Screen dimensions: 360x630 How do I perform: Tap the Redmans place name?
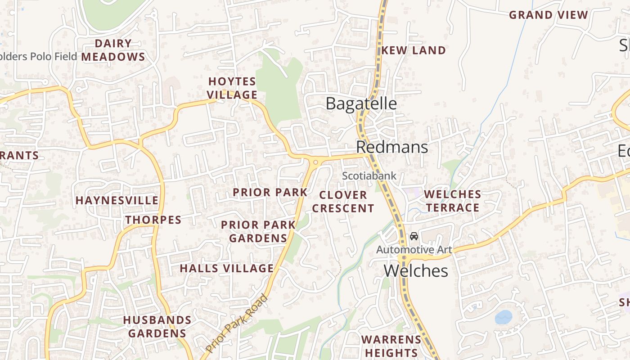[391, 147]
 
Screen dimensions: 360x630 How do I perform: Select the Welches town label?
[416, 271]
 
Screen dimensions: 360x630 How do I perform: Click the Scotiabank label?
[369, 176]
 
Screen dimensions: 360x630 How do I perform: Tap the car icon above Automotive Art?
[414, 236]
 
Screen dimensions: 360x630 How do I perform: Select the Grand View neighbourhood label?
[548, 15]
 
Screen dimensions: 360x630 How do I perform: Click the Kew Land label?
[413, 50]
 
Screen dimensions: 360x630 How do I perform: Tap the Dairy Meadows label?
[113, 50]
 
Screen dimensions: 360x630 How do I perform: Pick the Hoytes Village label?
[232, 88]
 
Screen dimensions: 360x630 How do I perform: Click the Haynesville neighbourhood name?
[117, 200]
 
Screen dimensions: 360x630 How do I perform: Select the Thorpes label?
[153, 220]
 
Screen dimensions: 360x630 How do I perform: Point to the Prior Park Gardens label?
[258, 231]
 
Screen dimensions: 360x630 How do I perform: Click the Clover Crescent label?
[343, 202]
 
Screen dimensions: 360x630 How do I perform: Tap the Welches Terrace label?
[453, 201]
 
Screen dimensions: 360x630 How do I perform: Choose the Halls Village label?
[227, 269]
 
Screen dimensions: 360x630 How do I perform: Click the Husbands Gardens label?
[157, 327]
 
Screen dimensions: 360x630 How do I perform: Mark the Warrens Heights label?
[391, 346]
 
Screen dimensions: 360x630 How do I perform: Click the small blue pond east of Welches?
[504, 317]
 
